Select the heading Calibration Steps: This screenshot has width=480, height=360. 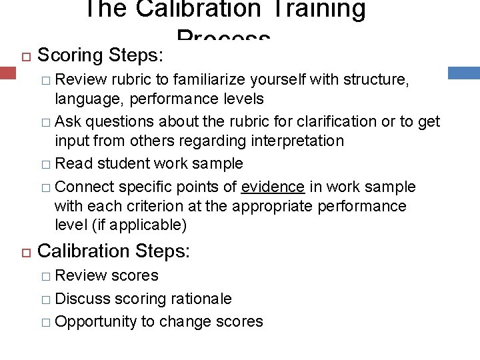(114, 251)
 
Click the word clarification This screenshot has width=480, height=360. (311, 121)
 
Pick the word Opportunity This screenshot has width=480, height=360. (96, 322)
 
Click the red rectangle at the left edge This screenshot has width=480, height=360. (7, 73)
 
